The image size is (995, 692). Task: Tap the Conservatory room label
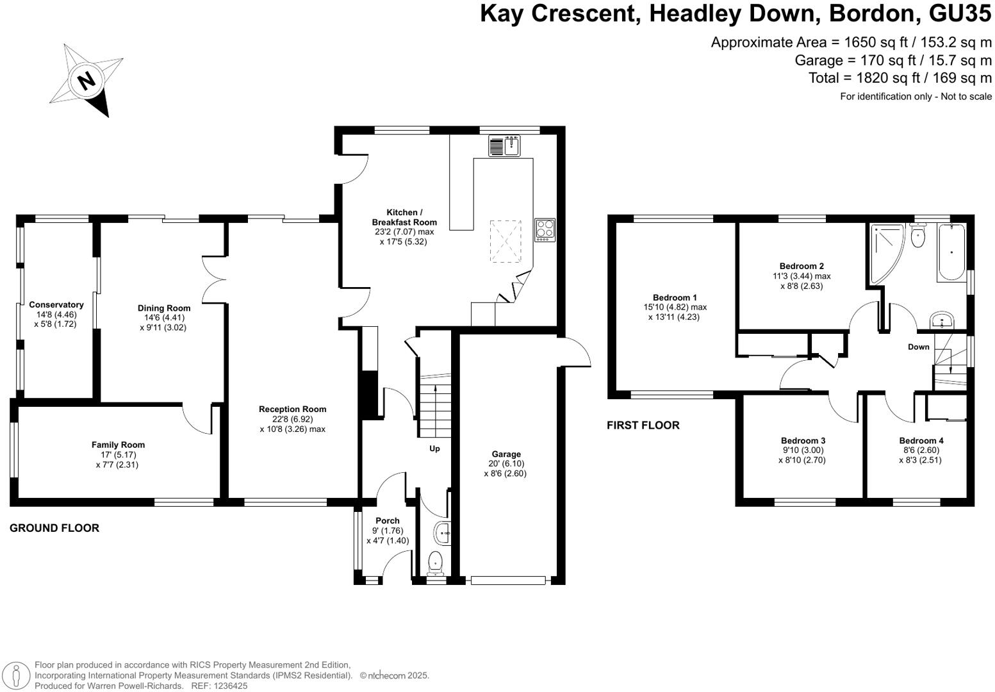pos(56,305)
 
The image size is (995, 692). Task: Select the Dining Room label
pos(164,308)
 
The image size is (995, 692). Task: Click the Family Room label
pos(118,445)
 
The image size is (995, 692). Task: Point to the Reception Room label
pos(292,409)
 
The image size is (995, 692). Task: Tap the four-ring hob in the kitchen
pos(545,229)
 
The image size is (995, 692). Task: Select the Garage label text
pos(506,454)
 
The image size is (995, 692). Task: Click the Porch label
pos(388,521)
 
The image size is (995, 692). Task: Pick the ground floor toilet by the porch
pos(436,562)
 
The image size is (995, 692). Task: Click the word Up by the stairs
pos(434,449)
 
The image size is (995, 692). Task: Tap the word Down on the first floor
pos(918,347)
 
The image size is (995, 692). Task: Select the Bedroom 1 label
pos(675,297)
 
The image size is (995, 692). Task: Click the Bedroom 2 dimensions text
pos(802,281)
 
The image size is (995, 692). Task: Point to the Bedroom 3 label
pos(803,441)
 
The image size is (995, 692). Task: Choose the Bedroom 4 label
pos(921,441)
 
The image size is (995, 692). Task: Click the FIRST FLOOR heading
pos(643,425)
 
